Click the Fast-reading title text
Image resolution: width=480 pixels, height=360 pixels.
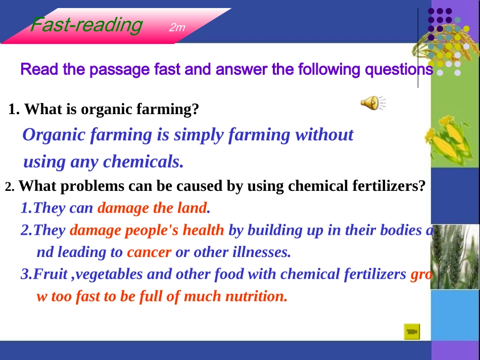86,25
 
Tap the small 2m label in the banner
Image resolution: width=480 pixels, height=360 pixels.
177,28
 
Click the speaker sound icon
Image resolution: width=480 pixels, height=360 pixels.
373,103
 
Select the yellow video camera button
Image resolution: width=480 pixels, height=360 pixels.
412,332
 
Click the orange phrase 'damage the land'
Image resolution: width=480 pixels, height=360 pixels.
152,208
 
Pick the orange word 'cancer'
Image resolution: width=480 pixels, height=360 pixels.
149,252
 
